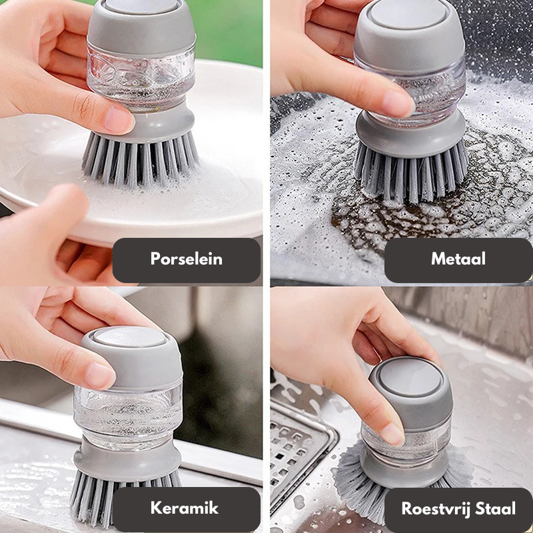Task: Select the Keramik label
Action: [185, 509]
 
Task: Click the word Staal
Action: [496, 510]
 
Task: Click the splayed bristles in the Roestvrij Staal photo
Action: [353, 480]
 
